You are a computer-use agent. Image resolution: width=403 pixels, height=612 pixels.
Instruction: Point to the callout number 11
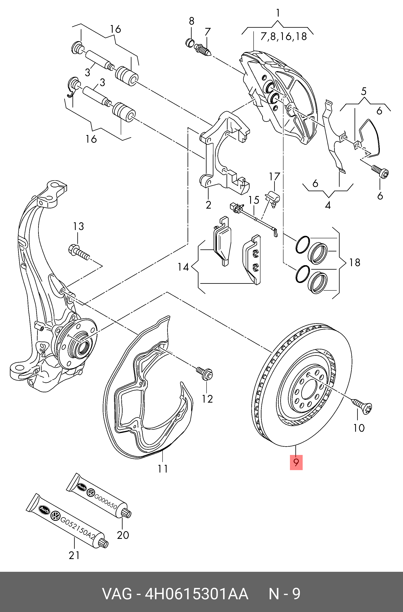click(163, 469)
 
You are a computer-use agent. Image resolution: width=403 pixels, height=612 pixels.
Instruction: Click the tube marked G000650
click(99, 495)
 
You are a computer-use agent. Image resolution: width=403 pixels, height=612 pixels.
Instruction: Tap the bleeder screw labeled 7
click(203, 49)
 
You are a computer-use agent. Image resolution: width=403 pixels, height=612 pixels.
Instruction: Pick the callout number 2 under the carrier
click(208, 205)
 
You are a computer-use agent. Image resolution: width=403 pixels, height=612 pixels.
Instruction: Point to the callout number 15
click(254, 200)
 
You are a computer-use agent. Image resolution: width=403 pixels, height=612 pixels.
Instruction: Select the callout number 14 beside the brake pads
click(183, 267)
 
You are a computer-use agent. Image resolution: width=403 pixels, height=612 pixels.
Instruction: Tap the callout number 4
click(328, 206)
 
